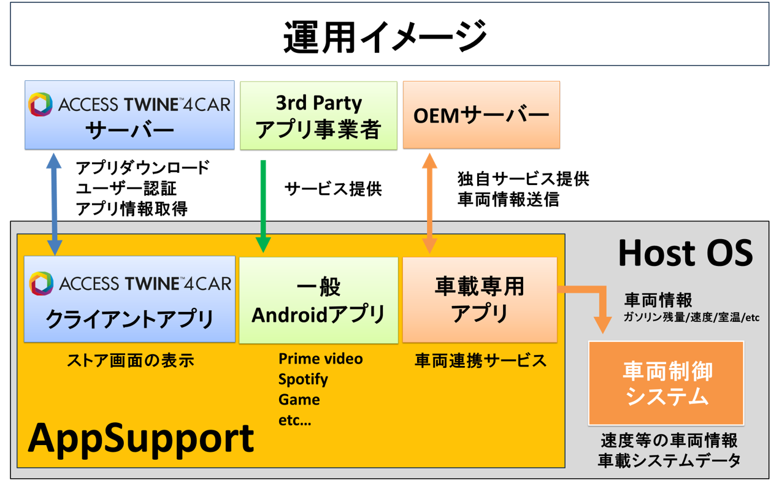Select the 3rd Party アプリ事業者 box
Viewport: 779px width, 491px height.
[x=318, y=115]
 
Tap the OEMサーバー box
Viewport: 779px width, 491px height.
[x=481, y=115]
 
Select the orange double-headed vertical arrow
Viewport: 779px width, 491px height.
[x=429, y=203]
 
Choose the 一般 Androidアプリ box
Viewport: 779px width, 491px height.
[x=318, y=300]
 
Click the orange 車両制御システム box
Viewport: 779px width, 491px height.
[x=666, y=383]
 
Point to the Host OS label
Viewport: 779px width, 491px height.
[x=685, y=253]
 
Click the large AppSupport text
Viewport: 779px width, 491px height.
[x=141, y=438]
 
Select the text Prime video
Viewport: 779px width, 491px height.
[x=320, y=359]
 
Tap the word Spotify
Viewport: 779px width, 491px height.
[x=303, y=379]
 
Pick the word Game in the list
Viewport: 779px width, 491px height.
[x=299, y=400]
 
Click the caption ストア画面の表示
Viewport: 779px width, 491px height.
[x=130, y=360]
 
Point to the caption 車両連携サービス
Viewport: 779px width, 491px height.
[x=480, y=360]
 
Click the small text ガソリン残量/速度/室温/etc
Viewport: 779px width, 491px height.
[x=691, y=318]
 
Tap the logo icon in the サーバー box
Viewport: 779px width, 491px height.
[x=40, y=105]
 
